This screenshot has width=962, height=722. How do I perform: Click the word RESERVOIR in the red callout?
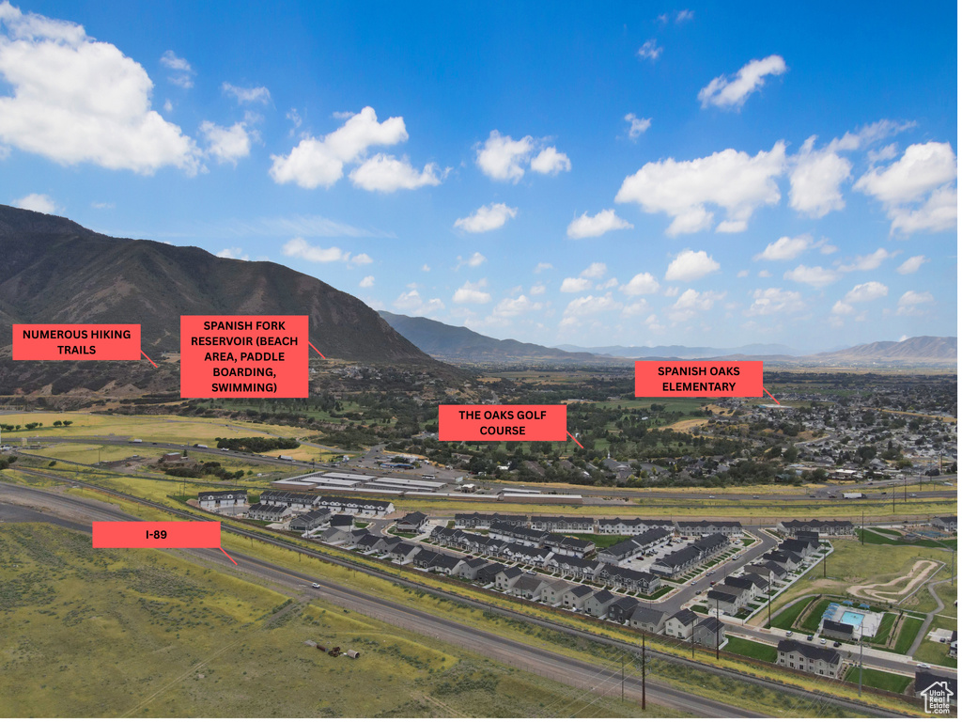218,342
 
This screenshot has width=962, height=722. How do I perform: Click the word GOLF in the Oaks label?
533,416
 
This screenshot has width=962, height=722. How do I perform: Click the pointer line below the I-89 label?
229,557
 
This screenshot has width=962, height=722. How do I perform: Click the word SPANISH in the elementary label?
679,372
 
